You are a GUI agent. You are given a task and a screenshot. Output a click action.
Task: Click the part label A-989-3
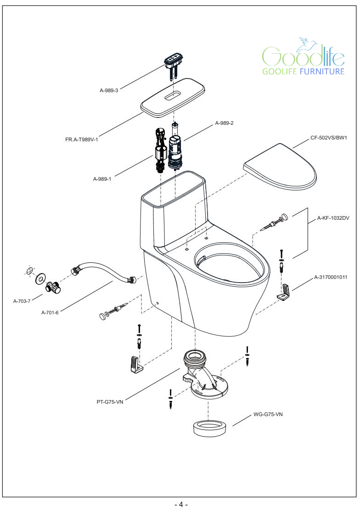pos(109,90)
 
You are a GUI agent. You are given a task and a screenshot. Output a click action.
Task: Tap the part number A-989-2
pos(225,123)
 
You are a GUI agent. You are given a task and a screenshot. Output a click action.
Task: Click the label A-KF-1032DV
pos(333,219)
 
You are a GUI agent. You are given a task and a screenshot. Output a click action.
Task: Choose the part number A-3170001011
pos(331,277)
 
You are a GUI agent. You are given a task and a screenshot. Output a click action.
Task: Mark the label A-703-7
pos(22,301)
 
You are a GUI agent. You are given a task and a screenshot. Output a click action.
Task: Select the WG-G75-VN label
pos(268,414)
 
